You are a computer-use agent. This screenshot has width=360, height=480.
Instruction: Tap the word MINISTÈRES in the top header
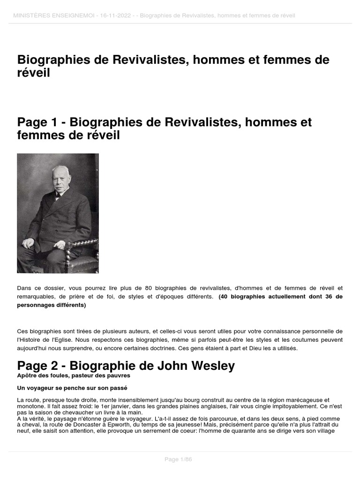click(x=31, y=16)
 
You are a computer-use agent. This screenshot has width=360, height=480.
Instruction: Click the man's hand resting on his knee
click(x=29, y=243)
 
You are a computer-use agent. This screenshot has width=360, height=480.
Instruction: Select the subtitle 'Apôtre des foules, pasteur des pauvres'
click(x=74, y=376)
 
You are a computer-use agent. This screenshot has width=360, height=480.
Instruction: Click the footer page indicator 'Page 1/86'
click(x=178, y=459)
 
